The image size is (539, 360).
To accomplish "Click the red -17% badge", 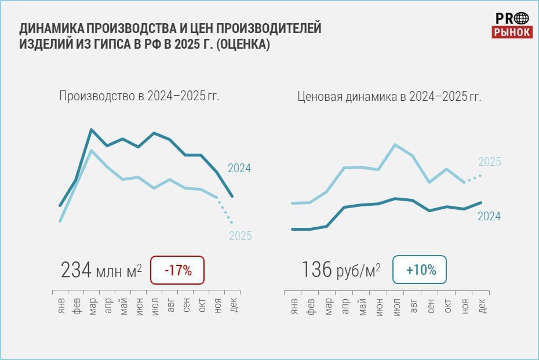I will (177, 270).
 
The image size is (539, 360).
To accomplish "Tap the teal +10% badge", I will (420, 270).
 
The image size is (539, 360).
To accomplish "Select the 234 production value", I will (76, 270).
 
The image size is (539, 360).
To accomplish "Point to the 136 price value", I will (316, 270).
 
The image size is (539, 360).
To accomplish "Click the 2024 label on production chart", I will (239, 169).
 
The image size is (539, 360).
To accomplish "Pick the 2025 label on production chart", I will (240, 236).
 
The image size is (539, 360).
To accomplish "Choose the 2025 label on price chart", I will (489, 162).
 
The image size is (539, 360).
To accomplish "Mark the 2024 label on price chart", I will (489, 216).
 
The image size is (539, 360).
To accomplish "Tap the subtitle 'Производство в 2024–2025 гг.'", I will (139, 96).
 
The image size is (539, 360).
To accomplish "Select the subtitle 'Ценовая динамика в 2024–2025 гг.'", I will (389, 96).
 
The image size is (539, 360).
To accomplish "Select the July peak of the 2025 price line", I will (395, 144).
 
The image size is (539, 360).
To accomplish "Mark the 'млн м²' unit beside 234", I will (119, 271).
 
